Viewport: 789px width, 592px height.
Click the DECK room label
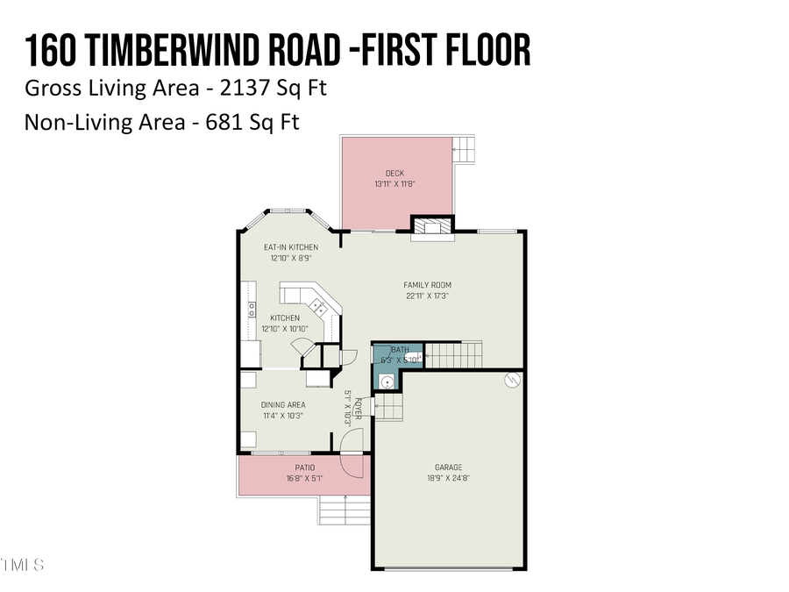click(x=394, y=173)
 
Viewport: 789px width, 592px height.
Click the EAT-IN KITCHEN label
click(x=291, y=247)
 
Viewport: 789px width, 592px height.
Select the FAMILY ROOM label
click(x=427, y=284)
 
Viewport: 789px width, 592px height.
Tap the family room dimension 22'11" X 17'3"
click(x=427, y=296)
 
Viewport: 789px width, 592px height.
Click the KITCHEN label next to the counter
click(x=285, y=317)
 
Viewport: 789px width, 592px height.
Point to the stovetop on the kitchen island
click(x=317, y=306)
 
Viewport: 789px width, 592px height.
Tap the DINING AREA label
click(x=283, y=404)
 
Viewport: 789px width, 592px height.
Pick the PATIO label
click(x=304, y=467)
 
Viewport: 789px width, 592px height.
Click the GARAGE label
click(x=448, y=467)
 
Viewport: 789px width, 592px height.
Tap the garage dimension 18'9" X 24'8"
click(x=448, y=479)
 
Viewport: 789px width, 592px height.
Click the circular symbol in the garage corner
click(x=513, y=380)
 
